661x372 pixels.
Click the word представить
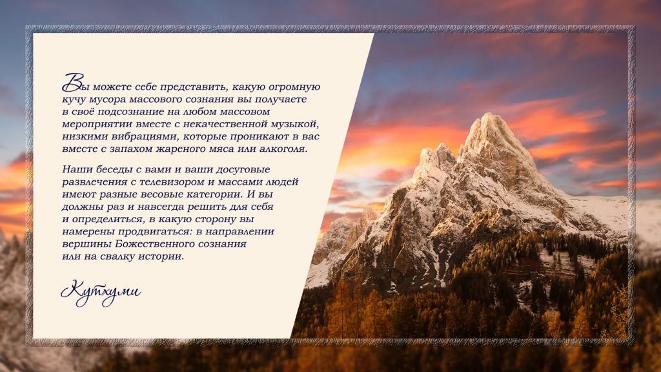pos(194,87)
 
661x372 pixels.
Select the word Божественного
pos(152,244)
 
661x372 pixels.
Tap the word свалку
pos(119,256)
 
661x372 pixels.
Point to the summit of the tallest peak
pos(490,114)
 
